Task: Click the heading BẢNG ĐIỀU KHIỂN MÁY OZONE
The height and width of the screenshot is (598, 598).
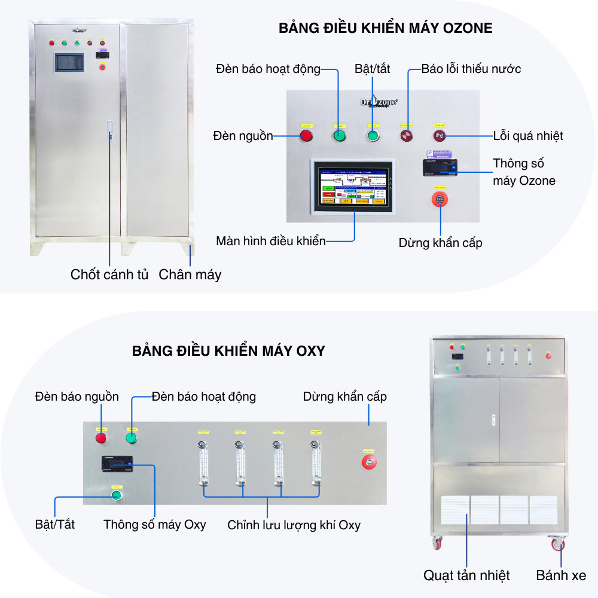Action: pos(385,28)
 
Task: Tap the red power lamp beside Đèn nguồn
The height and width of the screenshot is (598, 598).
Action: pos(306,136)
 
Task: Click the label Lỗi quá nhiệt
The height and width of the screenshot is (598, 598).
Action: pos(528,136)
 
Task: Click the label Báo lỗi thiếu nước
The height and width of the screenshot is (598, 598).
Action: pos(471,69)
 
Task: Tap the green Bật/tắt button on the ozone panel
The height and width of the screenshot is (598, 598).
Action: pos(373,136)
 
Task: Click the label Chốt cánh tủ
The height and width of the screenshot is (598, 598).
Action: pos(109,274)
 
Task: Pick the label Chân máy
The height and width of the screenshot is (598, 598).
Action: pos(190,274)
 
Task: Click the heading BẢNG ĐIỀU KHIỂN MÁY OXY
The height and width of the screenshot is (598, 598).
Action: pos(228,351)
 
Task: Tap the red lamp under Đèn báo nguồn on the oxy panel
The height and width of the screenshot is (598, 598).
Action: pos(101,438)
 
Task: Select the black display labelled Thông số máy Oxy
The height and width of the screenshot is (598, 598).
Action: pos(117,463)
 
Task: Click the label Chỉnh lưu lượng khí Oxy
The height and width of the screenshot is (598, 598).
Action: pos(294,525)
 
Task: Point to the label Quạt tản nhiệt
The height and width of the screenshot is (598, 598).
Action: pos(466,575)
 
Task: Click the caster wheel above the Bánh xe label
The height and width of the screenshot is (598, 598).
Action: pos(557,544)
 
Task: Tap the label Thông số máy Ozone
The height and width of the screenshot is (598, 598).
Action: pos(524,172)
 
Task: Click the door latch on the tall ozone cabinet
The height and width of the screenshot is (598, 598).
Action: pos(109,131)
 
